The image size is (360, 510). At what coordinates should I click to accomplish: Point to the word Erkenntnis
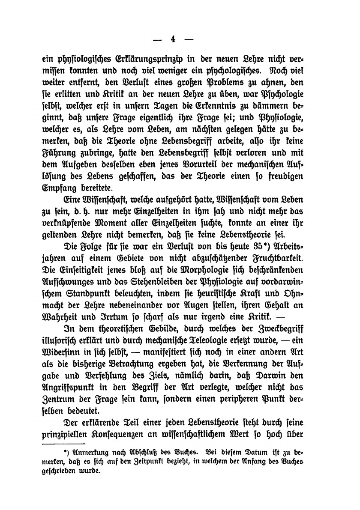(205, 104)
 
